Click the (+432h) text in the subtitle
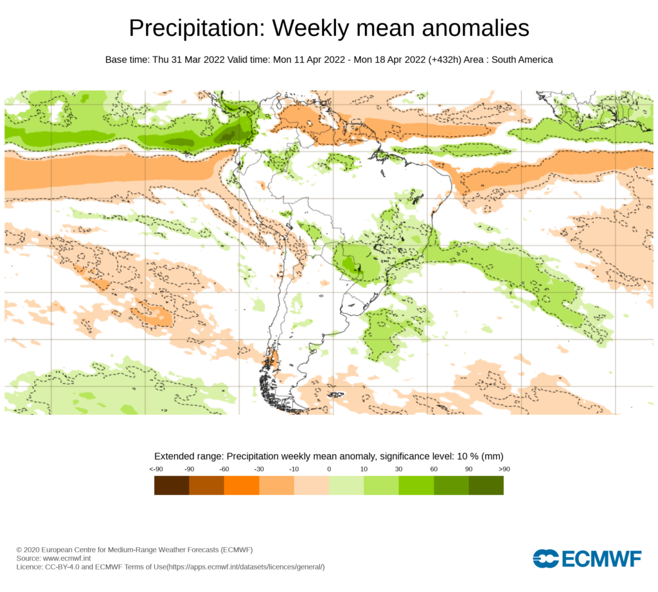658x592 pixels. pos(449,60)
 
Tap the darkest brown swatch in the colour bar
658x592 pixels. pos(172,485)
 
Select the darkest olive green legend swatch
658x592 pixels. pos(486,485)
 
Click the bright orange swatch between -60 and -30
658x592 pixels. pos(242,485)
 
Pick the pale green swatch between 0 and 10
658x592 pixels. pos(346,485)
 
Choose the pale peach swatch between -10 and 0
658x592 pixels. pos(312,485)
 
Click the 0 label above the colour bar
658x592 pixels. pos(329,469)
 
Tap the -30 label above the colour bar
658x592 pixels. pos(259,469)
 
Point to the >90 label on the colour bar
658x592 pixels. pos(503,469)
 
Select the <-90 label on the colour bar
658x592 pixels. pos(156,469)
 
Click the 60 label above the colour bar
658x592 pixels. pos(434,469)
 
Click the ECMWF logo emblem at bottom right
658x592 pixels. pos(546,559)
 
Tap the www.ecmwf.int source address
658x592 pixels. pos(67,559)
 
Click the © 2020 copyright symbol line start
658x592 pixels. pos(19,550)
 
